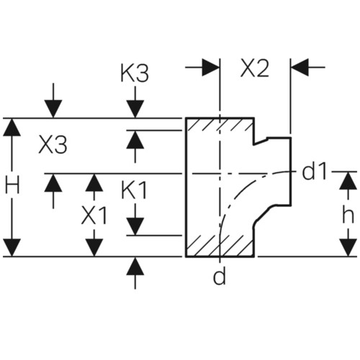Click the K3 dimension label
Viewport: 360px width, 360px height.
[135, 72]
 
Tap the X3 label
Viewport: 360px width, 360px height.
[53, 145]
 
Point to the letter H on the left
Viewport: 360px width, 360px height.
[12, 185]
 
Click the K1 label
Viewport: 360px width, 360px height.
[134, 190]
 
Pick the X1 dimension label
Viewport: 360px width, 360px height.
[94, 215]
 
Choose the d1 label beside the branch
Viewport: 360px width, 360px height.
[315, 171]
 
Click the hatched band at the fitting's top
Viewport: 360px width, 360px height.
[220, 125]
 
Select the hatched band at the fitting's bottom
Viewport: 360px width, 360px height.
[220, 246]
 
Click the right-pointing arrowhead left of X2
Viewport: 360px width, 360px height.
[211, 67]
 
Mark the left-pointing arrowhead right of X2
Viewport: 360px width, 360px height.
[300, 67]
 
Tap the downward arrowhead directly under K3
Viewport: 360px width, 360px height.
[135, 109]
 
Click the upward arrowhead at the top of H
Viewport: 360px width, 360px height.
[12, 127]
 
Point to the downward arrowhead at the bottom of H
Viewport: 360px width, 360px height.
[12, 248]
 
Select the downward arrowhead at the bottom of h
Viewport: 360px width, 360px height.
[348, 248]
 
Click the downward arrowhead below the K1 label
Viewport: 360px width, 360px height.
[135, 227]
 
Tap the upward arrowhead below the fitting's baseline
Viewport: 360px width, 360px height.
[135, 266]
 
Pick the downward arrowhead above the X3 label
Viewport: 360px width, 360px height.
[53, 109]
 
